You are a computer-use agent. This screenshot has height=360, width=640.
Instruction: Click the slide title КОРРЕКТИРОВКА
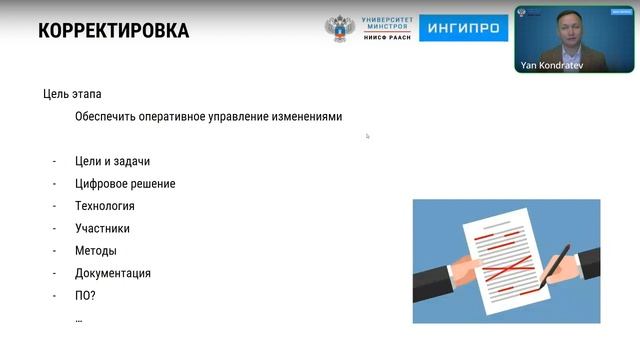(x=113, y=31)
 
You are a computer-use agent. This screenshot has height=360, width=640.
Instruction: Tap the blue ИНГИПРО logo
(x=463, y=28)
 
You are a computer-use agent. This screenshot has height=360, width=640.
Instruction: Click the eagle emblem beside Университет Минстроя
(x=339, y=28)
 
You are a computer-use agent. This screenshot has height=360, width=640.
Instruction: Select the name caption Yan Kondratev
(x=551, y=66)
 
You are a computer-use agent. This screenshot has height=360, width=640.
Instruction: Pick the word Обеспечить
(x=107, y=116)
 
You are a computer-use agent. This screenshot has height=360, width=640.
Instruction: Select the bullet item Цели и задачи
(x=112, y=161)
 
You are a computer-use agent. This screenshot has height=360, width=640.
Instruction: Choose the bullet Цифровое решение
(x=125, y=184)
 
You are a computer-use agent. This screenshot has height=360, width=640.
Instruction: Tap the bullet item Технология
(x=104, y=206)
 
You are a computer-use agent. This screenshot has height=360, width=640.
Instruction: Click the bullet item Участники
(x=102, y=228)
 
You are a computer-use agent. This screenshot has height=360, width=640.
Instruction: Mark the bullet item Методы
(x=95, y=251)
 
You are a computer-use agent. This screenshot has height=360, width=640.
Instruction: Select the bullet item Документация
(x=113, y=273)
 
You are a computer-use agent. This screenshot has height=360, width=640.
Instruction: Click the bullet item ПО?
(x=85, y=296)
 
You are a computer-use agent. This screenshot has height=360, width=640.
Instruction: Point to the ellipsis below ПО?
(x=79, y=318)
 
